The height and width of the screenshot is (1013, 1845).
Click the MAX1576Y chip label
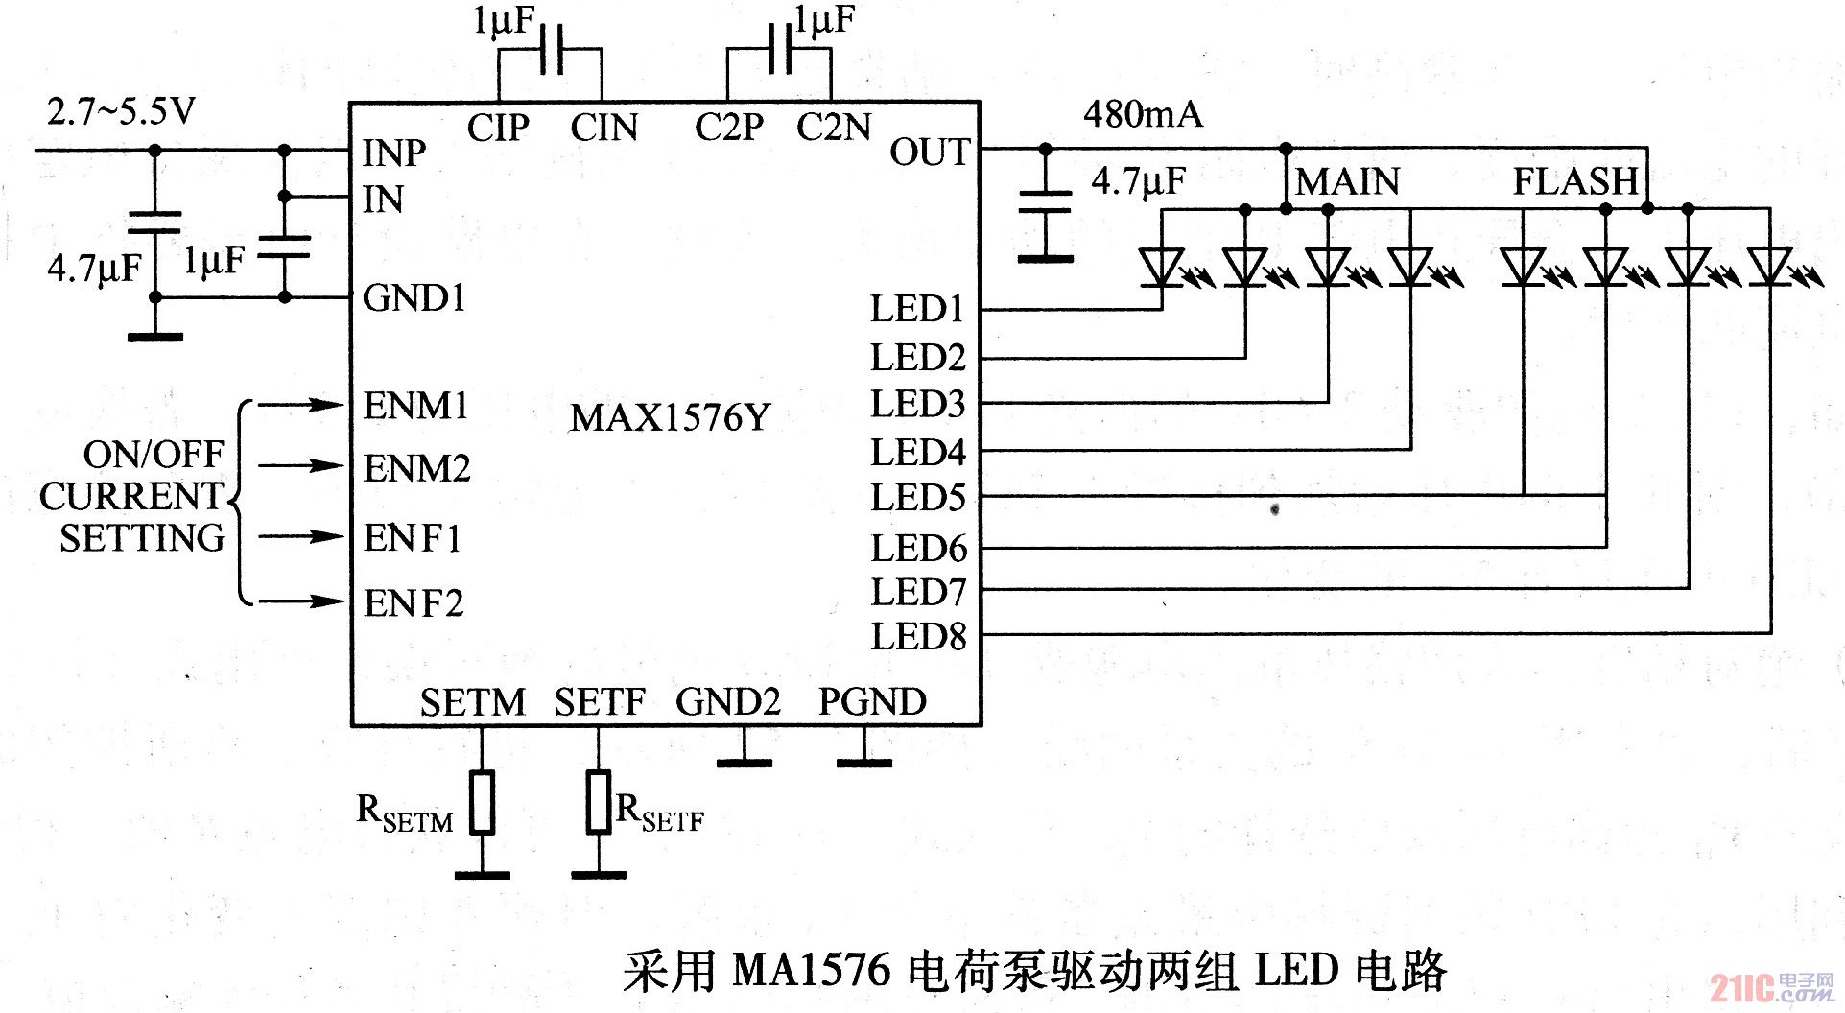click(x=670, y=417)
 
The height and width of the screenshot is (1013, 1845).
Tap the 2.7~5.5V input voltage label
click(x=121, y=112)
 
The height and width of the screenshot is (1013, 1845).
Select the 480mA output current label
click(x=1142, y=114)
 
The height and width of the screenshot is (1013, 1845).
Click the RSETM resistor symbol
click(x=482, y=801)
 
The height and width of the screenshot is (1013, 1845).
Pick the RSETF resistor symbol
click(x=599, y=801)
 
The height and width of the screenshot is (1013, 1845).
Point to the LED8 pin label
click(x=918, y=636)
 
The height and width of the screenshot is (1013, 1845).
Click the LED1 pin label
click(x=916, y=309)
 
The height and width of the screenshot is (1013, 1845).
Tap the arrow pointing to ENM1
click(x=299, y=405)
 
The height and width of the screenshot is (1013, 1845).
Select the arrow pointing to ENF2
click(x=299, y=601)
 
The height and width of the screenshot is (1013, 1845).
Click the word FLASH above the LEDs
click(x=1574, y=181)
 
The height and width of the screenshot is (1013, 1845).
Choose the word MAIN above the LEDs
click(x=1347, y=181)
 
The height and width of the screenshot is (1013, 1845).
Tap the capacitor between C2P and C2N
click(x=779, y=50)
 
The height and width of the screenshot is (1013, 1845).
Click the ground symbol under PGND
click(x=863, y=763)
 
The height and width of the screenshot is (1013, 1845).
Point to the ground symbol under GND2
click(x=744, y=763)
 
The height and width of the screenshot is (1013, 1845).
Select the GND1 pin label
click(x=414, y=298)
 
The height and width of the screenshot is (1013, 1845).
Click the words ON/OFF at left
click(x=154, y=454)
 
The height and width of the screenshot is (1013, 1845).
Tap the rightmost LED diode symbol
click(x=1769, y=266)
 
